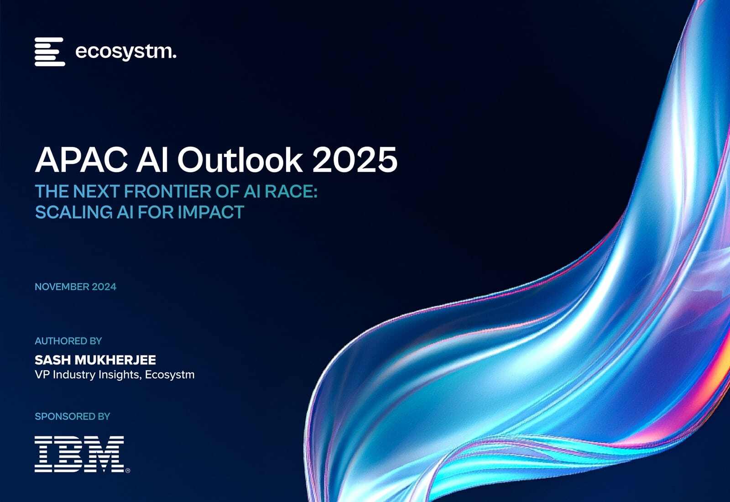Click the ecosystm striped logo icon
49,52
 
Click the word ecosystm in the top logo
125,52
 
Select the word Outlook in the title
240,160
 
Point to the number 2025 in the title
355,160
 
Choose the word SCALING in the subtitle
67,212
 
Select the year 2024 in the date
104,287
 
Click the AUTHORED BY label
68,341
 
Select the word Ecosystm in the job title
170,375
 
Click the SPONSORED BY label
73,416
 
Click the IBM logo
79,454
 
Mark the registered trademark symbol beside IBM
127,471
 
